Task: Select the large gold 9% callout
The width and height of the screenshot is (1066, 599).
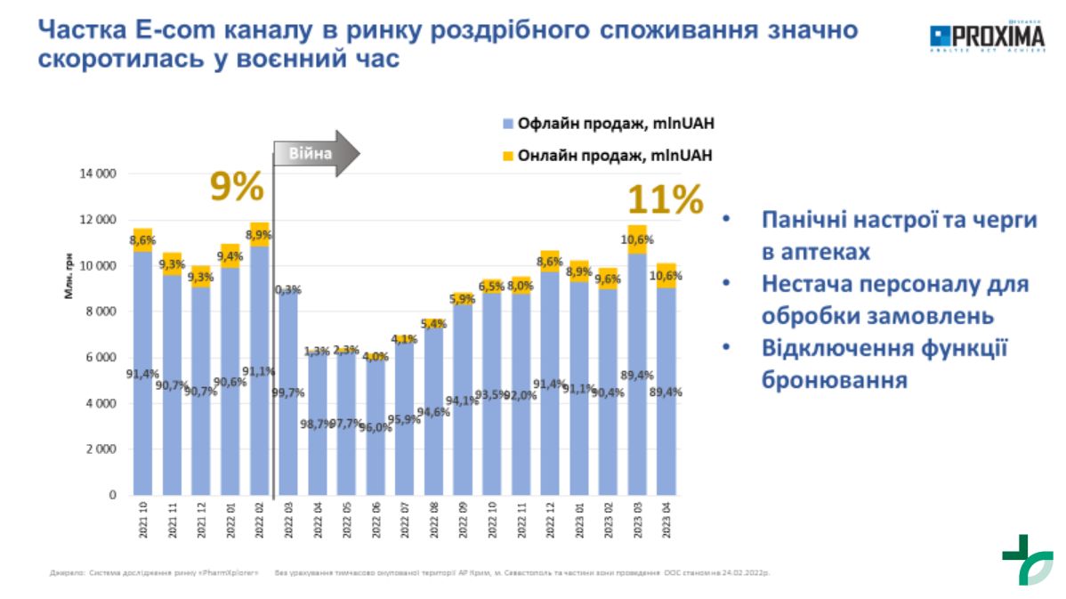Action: pyautogui.click(x=237, y=188)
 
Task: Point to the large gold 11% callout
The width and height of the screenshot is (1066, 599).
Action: pyautogui.click(x=666, y=199)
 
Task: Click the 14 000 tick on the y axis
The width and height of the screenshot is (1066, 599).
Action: pyautogui.click(x=99, y=174)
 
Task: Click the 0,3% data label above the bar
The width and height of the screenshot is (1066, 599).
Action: pyautogui.click(x=288, y=289)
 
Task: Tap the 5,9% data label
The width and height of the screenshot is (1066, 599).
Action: pyautogui.click(x=463, y=299)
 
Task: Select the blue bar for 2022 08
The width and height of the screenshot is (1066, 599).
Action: pyautogui.click(x=433, y=414)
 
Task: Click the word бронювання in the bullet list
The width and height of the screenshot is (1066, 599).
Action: pyautogui.click(x=833, y=380)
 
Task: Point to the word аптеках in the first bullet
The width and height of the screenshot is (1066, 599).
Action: pyautogui.click(x=814, y=252)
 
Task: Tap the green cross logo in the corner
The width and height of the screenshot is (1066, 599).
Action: pyautogui.click(x=1027, y=559)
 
